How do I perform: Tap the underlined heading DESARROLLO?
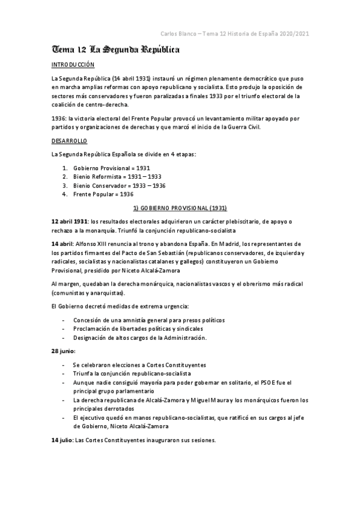coord(70,140)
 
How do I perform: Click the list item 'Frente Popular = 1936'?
coord(103,194)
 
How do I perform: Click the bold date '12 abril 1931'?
coord(69,222)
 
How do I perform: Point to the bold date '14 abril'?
coord(61,245)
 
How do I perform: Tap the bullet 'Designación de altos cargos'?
coord(139,337)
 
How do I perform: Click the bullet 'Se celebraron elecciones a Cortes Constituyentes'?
coord(139,365)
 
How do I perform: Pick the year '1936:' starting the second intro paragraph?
coord(59,118)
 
